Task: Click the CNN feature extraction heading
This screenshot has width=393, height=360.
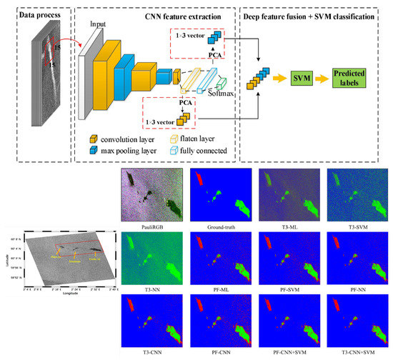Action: [155, 14]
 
